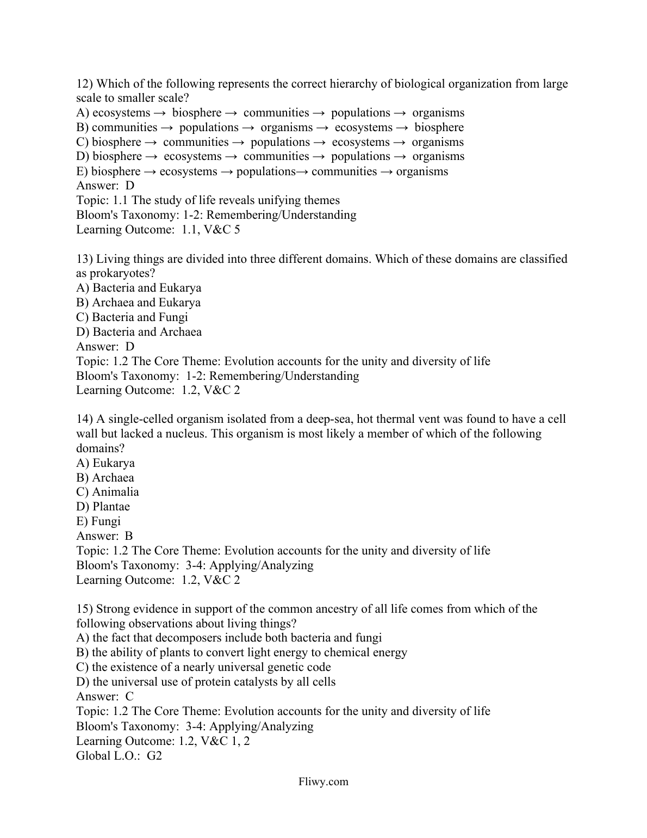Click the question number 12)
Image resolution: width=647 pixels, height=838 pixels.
[x=85, y=84]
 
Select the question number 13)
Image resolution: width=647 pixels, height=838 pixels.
[x=85, y=259]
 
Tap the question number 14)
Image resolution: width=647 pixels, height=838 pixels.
[x=85, y=419]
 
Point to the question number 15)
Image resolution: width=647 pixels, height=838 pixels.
[x=85, y=609]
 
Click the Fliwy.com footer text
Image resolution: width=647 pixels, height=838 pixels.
[x=323, y=782]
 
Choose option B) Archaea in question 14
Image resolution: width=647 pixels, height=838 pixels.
[x=105, y=478]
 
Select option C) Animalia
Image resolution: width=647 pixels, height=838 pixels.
[x=108, y=492]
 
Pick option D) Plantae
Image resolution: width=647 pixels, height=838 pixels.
[x=103, y=507]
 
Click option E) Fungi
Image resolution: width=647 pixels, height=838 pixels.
[x=98, y=521]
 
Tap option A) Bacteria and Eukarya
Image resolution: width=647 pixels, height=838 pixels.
[x=139, y=288]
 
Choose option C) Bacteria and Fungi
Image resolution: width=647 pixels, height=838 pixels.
[x=132, y=317]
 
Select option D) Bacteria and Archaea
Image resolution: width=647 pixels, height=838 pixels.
[x=139, y=332]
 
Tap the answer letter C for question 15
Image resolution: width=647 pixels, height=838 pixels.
[x=129, y=697]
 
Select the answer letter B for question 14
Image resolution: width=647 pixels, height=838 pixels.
[x=129, y=536]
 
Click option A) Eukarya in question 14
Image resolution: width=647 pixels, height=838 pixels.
[x=105, y=463]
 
